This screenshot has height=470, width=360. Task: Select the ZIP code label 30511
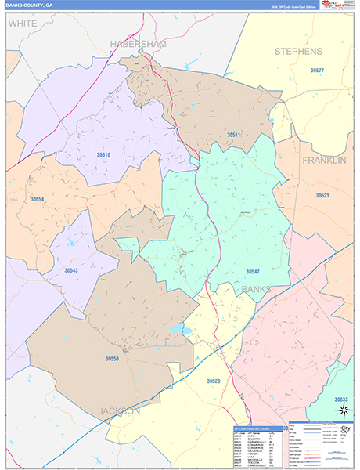pos(233,135)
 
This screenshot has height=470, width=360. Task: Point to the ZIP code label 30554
pos(38,200)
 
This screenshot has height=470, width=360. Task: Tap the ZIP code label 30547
pos(252,271)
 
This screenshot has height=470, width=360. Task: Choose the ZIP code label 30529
pos(214,381)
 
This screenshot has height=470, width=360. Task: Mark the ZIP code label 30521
pos(322,195)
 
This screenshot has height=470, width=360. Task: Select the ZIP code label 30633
pos(341,399)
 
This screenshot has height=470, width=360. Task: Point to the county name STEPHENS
pos(297,51)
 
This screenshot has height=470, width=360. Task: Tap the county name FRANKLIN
pos(324,160)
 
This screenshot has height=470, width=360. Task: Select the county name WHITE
pos(23,24)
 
